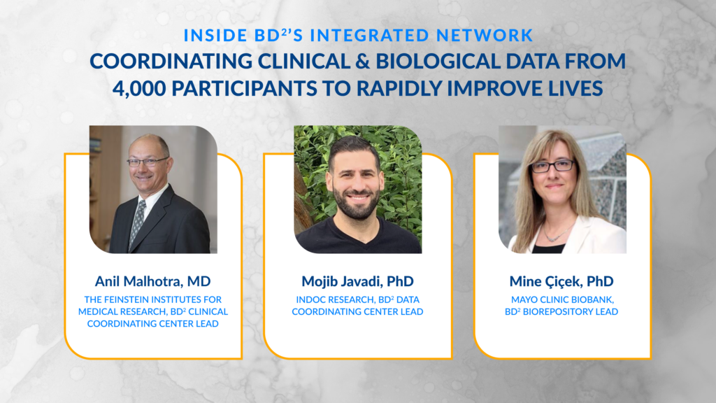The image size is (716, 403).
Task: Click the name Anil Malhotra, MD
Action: coord(152,281)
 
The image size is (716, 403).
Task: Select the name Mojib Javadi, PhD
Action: coord(357,281)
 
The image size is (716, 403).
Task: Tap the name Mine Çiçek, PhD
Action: coord(561,281)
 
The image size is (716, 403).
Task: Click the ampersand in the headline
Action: coord(363,62)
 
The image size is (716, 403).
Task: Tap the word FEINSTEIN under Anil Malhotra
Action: coord(130,299)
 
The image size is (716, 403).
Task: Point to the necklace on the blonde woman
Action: coord(557,233)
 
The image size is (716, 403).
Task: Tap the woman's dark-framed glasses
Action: coord(552,166)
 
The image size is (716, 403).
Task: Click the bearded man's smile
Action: coord(357,198)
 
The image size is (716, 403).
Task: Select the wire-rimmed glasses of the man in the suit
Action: coord(147,162)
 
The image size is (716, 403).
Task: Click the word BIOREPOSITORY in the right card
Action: coord(557,311)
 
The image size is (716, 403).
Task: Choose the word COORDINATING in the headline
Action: coord(171,62)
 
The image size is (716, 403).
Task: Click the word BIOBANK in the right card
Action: coord(592,299)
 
